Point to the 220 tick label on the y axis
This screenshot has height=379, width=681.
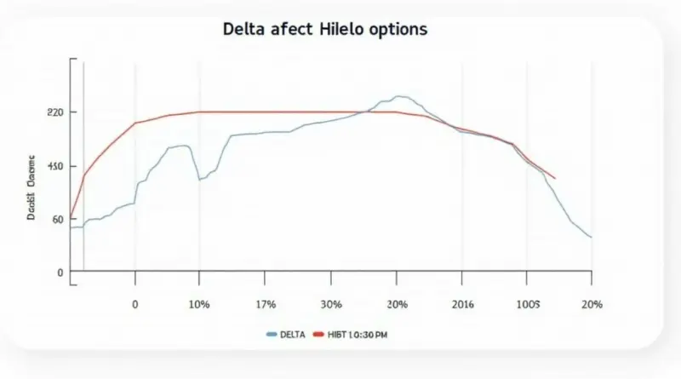tap(57, 112)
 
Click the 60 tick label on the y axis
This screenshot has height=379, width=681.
tap(58, 220)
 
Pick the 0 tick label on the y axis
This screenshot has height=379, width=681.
tap(60, 273)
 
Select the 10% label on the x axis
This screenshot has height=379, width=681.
tap(198, 304)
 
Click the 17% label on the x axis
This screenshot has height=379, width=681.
tap(266, 304)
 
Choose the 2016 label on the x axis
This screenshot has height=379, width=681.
tap(463, 304)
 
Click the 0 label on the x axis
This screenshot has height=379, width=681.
tap(134, 304)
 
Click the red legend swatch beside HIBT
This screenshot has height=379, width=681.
tap(320, 336)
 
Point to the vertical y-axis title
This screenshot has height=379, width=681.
tap(31, 188)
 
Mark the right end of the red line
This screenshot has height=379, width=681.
tap(555, 179)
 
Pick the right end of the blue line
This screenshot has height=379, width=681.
tap(591, 237)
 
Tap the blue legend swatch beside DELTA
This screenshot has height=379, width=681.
tap(272, 336)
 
